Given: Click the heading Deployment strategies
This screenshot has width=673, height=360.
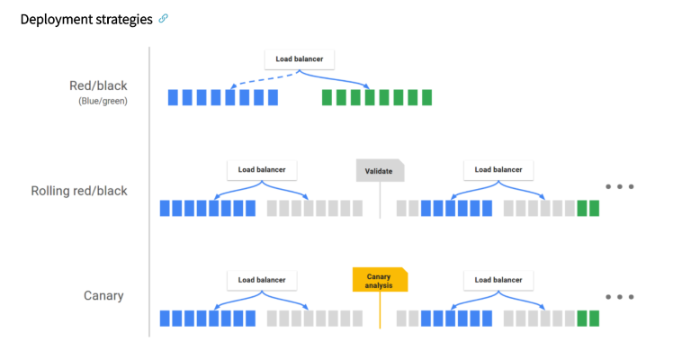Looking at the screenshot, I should coord(85,19).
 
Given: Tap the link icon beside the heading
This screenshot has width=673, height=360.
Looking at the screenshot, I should coord(163,19).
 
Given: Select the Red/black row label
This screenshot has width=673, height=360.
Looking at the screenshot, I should coord(98,86).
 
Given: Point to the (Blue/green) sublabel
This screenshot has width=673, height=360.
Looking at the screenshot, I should coord(103,101).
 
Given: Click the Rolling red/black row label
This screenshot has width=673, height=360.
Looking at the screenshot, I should coord(79,191).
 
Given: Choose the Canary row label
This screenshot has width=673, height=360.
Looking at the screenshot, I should coord(103,295).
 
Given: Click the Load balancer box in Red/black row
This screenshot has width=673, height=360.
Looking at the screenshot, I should coord(300,60).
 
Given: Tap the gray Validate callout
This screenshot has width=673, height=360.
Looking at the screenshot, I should coord(380,171).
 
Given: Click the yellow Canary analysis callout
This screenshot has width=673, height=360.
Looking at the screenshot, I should coord(380,280).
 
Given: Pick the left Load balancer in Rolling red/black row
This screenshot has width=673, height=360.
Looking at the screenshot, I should coord(262,169).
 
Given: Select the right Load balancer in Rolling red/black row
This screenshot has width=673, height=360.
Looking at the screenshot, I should coord(498,169).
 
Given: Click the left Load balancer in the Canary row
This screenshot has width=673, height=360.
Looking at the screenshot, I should coord(262,280).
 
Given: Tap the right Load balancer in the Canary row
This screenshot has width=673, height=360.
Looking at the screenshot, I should coord(498,280).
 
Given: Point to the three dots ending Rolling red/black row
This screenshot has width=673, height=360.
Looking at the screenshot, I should coord(619,186).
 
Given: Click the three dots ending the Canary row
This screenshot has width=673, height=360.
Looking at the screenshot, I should coord(619,296).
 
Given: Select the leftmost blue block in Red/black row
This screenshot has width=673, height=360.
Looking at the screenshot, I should coord(173,97).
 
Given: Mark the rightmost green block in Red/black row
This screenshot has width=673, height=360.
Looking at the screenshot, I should coord(426,97).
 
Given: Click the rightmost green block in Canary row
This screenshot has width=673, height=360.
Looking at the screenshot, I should coord(594,318).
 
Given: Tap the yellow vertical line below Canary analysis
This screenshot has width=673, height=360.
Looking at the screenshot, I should coord(380,310).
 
